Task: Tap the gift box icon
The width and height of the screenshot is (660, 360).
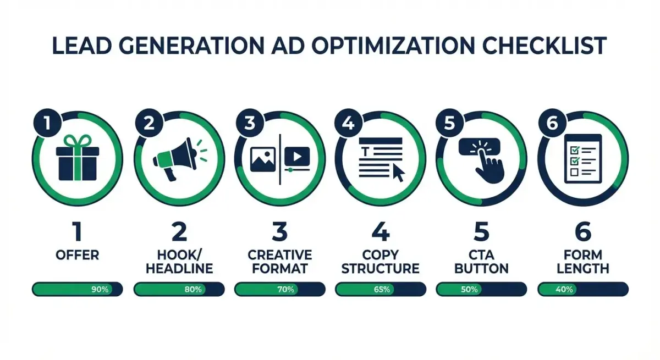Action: [x=78, y=159]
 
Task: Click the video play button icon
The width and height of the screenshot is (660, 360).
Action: [x=298, y=156]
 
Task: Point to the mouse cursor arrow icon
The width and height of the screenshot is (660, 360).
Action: [x=398, y=173]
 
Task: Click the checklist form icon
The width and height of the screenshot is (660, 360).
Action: [x=582, y=158]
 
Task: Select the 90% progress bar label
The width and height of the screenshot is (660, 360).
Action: [x=100, y=289]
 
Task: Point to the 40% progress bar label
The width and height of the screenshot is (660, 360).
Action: [x=564, y=289]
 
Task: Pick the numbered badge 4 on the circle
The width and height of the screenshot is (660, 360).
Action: [x=348, y=124]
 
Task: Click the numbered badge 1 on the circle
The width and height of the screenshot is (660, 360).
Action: [x=46, y=124]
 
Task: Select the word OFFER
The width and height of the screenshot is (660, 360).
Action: [x=78, y=256]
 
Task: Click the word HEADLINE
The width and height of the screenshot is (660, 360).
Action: [x=179, y=269]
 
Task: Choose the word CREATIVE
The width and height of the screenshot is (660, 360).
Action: [x=279, y=255]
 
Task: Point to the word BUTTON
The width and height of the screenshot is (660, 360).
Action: [x=482, y=269]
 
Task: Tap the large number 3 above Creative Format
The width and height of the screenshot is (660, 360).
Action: [x=279, y=231]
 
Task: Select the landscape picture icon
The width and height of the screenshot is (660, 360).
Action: [x=262, y=158]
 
